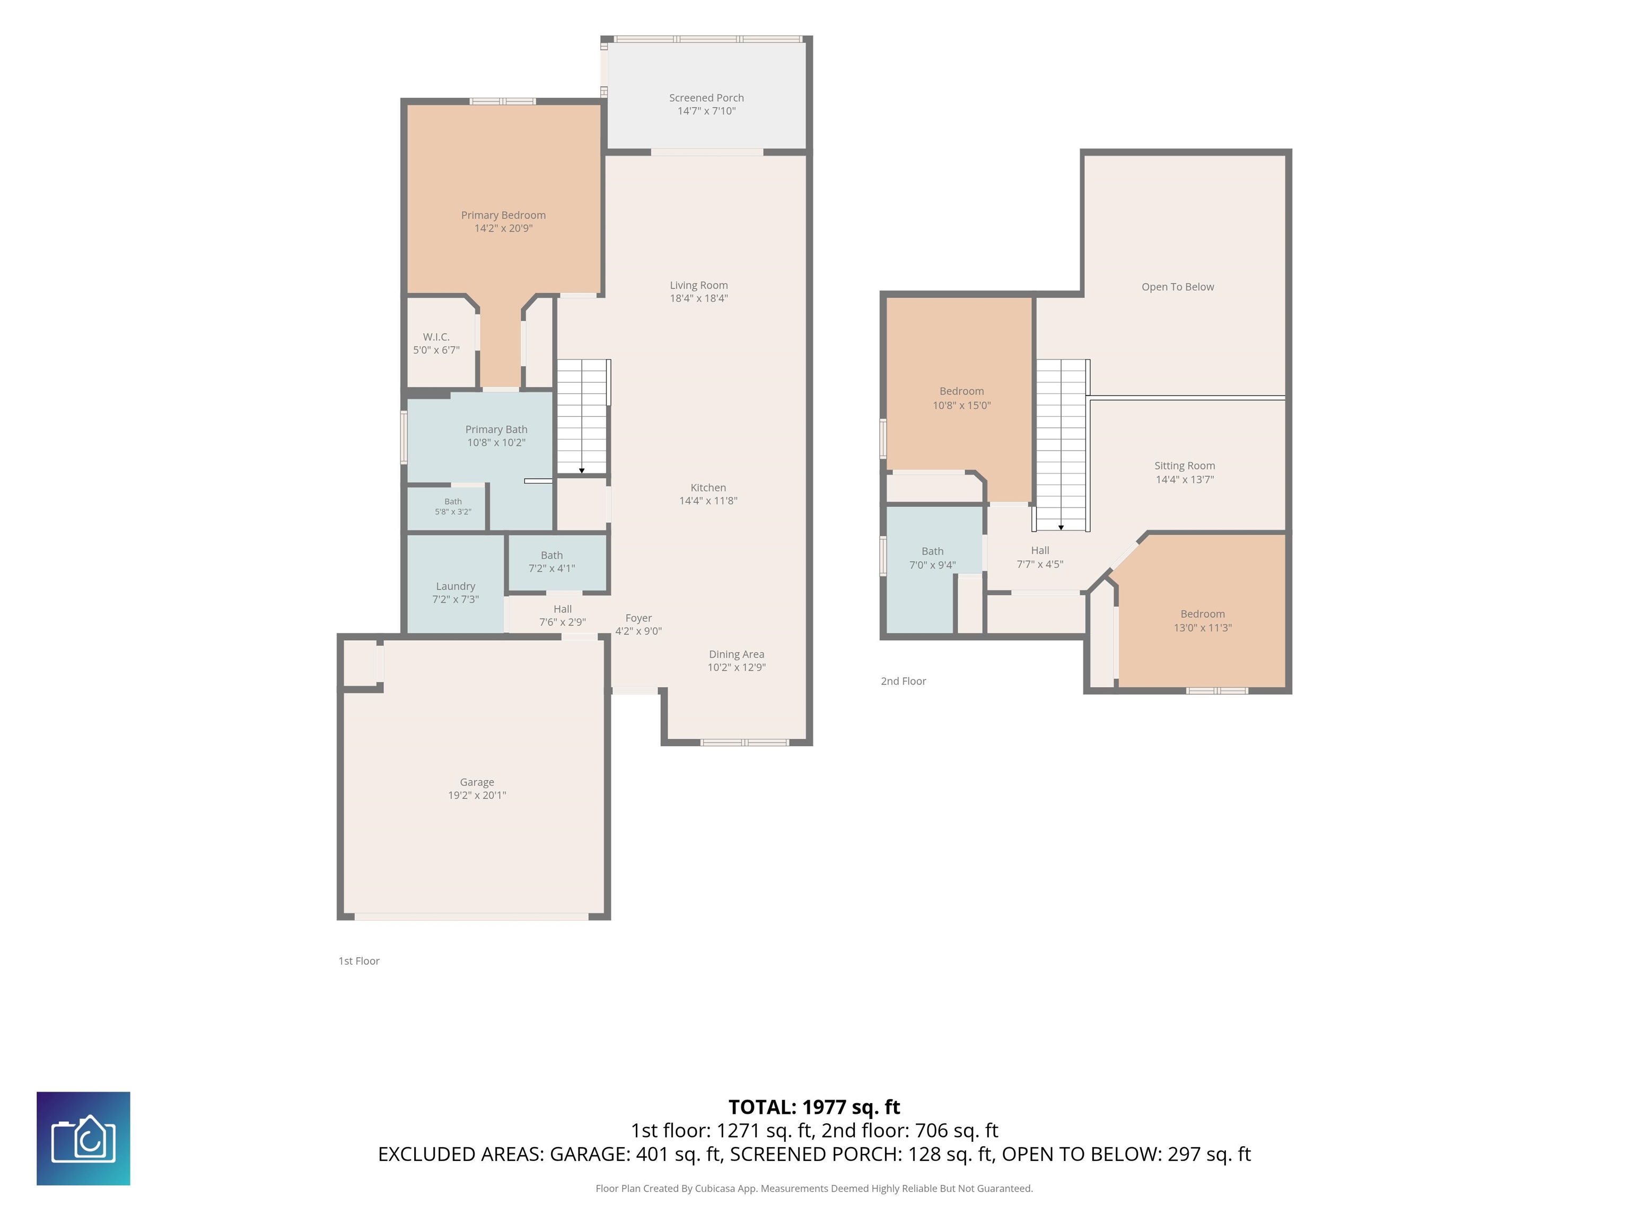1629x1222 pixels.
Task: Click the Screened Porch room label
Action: coord(706,98)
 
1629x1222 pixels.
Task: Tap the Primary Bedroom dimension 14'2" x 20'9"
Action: coord(504,229)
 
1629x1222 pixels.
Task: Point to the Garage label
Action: coord(477,782)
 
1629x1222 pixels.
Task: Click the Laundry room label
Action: coord(456,586)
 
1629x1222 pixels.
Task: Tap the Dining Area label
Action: coord(737,654)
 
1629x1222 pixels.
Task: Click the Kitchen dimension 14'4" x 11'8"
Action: coord(708,501)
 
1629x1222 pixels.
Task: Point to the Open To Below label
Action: coord(1178,287)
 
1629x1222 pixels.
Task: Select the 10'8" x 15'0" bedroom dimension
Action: coord(962,406)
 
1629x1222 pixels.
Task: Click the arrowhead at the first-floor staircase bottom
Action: coord(582,470)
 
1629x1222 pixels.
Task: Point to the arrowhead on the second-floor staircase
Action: coord(1061,527)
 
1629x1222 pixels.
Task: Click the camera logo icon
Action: coord(83,1139)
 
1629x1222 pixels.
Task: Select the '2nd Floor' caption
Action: coord(904,682)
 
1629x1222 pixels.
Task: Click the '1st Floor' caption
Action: coord(360,961)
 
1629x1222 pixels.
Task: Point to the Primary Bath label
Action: coord(496,430)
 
